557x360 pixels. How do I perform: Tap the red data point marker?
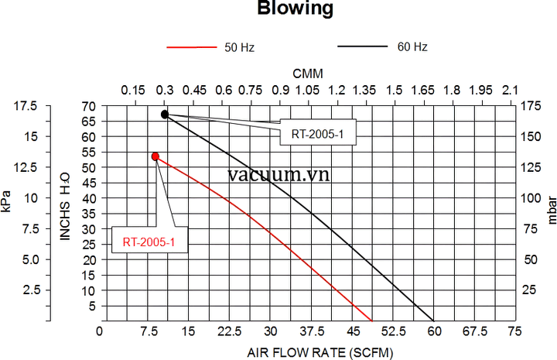[155, 156]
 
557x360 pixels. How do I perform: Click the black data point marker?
[164, 115]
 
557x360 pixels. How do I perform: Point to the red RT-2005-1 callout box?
[149, 242]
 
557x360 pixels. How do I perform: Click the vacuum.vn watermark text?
[279, 174]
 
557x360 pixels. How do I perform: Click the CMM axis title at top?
[307, 73]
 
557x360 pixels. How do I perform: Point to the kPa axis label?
[7, 198]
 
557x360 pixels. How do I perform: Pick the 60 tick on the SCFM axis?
[433, 331]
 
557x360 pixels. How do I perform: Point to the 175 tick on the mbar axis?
[531, 106]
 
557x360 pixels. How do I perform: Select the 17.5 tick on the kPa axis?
[25, 106]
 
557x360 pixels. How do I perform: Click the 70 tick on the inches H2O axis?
[90, 106]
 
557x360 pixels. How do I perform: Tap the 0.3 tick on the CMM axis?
[165, 91]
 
